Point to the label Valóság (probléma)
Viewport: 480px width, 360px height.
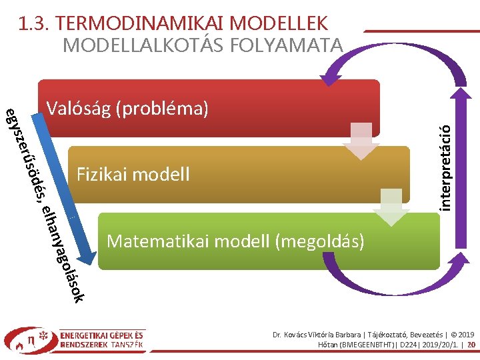128,107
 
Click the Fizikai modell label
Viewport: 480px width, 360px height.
133,175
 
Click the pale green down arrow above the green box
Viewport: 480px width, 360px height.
391,207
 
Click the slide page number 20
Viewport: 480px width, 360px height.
471,345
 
